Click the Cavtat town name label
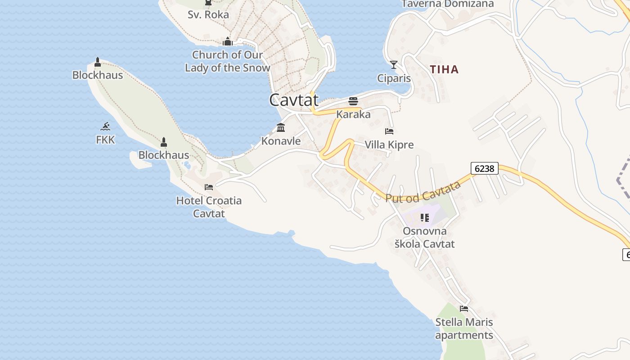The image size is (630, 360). pyautogui.click(x=294, y=99)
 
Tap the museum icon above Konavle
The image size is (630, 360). pyautogui.click(x=281, y=128)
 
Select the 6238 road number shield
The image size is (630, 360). pyautogui.click(x=485, y=168)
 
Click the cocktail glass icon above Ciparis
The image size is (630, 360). pyautogui.click(x=394, y=65)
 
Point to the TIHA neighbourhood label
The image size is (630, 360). pyautogui.click(x=444, y=69)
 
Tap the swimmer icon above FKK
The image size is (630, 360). pyautogui.click(x=105, y=126)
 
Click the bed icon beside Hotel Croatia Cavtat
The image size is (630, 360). pyautogui.click(x=209, y=187)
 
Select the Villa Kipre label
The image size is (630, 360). pyautogui.click(x=389, y=144)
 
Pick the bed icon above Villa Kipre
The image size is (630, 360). pyautogui.click(x=389, y=131)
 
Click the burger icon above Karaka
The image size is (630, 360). pyautogui.click(x=353, y=101)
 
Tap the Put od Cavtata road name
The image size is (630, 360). pyautogui.click(x=423, y=192)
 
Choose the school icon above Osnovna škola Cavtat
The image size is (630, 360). pyautogui.click(x=424, y=218)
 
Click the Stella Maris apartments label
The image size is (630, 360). pyautogui.click(x=464, y=328)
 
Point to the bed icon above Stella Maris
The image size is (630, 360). pyautogui.click(x=464, y=309)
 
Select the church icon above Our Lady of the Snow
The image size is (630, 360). pyautogui.click(x=228, y=42)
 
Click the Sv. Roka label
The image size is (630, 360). pyautogui.click(x=208, y=14)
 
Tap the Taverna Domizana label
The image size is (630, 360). pyautogui.click(x=447, y=4)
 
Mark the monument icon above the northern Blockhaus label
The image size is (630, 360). pyautogui.click(x=98, y=62)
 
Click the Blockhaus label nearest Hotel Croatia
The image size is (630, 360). pyautogui.click(x=164, y=155)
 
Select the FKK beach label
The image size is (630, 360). pyautogui.click(x=105, y=140)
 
